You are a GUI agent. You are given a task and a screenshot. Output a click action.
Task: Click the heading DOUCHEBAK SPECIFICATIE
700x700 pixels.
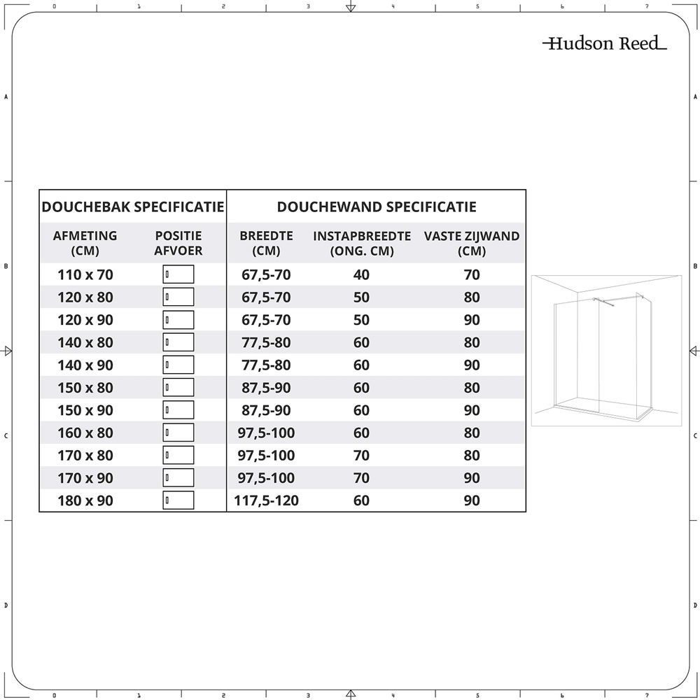pos(133,207)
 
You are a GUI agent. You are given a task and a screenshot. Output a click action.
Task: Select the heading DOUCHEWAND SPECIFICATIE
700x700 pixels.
pos(377,207)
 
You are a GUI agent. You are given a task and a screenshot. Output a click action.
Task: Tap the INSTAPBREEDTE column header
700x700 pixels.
pos(361,244)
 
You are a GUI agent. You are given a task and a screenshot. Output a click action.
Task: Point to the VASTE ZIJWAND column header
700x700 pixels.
pos(472,244)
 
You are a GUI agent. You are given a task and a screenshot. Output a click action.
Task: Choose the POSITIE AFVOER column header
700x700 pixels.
pos(178,244)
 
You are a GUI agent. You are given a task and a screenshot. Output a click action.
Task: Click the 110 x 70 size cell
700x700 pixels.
pos(85,275)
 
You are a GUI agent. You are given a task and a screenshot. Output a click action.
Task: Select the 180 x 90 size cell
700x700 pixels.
pos(85,501)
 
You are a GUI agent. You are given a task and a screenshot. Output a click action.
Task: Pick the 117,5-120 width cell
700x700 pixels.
pos(265,501)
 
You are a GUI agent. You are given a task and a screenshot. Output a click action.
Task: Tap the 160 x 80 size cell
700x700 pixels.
pos(85,433)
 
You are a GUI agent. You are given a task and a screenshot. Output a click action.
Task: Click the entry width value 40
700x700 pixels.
pos(361,275)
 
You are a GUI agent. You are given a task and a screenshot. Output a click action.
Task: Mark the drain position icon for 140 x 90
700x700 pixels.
pos(178,365)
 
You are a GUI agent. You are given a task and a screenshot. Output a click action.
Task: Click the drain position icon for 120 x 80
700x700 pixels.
pos(178,297)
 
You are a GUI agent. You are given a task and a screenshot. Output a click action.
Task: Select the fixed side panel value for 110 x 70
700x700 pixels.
pos(472,275)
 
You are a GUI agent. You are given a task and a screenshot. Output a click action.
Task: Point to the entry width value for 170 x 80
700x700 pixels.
pos(361,456)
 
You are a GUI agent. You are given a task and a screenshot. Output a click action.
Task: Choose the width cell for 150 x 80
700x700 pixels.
pos(265,388)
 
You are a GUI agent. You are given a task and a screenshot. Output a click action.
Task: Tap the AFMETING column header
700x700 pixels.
pos(85,244)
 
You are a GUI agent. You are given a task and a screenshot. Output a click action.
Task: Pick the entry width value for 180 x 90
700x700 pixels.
pos(361,501)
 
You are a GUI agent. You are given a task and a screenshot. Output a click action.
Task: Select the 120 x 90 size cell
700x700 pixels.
pos(85,320)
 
